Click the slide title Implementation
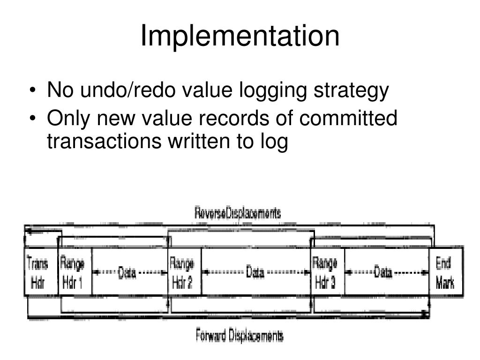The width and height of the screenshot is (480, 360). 240,36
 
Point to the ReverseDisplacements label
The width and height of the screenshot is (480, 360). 238,214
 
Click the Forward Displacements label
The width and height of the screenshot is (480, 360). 239,336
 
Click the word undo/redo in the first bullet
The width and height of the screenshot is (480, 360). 123,91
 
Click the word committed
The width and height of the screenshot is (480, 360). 348,118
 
